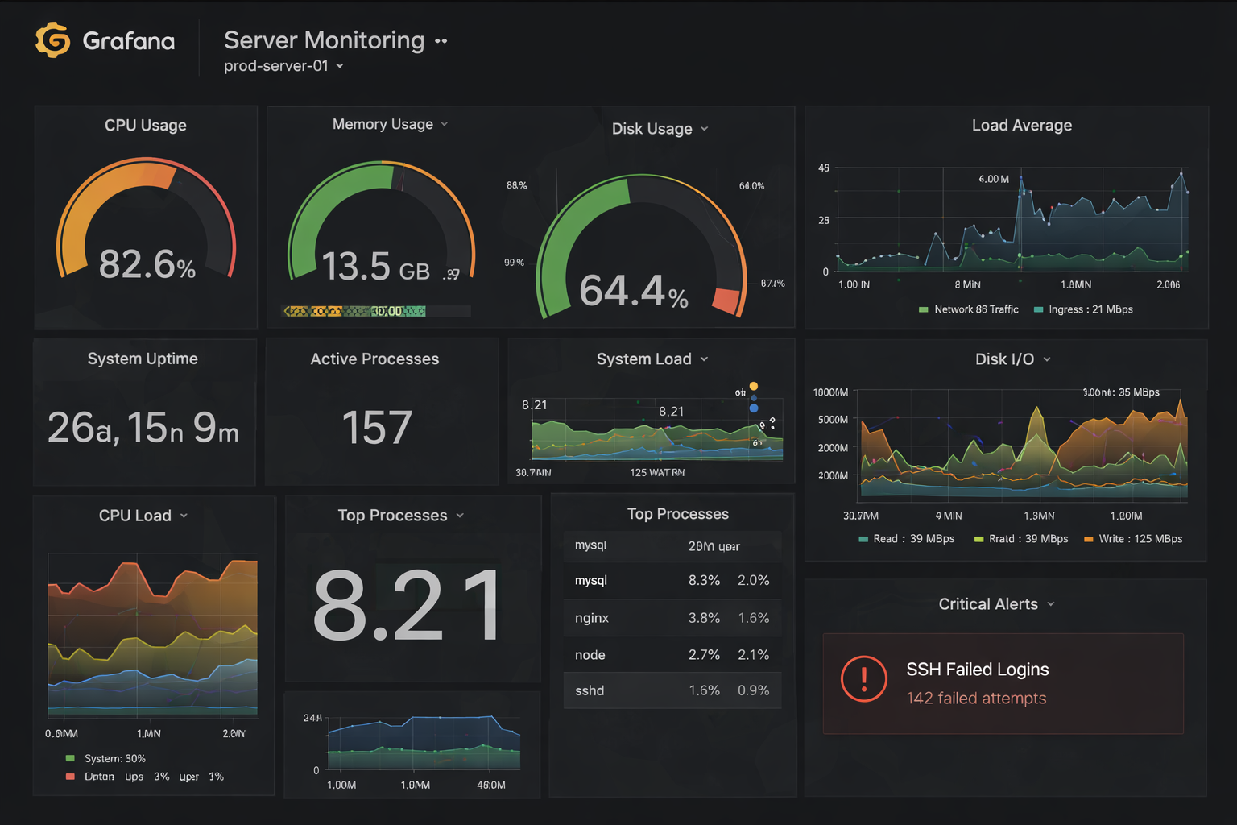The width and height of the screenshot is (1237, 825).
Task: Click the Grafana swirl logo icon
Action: click(x=53, y=40)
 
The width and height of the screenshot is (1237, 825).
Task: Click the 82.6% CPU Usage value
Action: click(x=147, y=264)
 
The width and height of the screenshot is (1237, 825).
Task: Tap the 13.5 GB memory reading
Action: click(x=375, y=267)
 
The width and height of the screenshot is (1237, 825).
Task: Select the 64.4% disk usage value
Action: click(x=633, y=291)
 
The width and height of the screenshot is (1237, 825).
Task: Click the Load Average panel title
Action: click(x=1021, y=126)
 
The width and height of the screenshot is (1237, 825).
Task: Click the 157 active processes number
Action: click(x=376, y=427)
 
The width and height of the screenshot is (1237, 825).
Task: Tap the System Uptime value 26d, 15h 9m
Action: click(x=143, y=428)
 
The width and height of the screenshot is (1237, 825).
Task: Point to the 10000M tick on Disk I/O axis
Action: click(x=830, y=392)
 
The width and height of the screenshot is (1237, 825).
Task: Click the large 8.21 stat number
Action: click(x=407, y=606)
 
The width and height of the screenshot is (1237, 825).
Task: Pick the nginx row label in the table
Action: click(x=591, y=618)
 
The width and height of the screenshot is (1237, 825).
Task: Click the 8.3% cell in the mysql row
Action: click(x=704, y=580)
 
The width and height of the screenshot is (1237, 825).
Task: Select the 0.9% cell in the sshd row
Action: click(x=753, y=690)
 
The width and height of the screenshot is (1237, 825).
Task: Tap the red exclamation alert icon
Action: click(x=863, y=678)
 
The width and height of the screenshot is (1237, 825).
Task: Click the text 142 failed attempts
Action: click(x=976, y=699)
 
